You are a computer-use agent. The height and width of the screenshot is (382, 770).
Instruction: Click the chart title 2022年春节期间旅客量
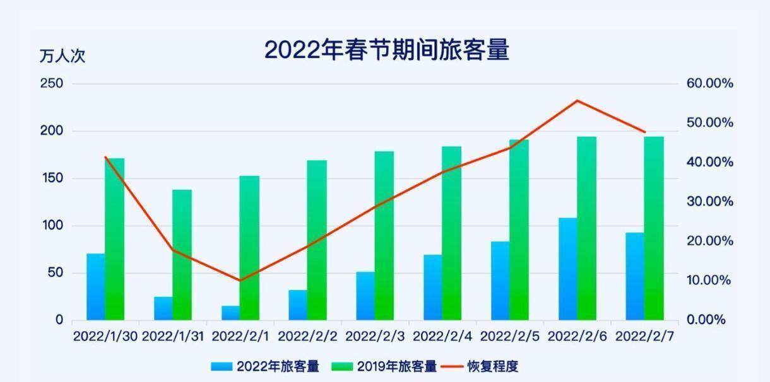(386, 50)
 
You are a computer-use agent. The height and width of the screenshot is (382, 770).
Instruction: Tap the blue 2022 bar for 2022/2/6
(568, 269)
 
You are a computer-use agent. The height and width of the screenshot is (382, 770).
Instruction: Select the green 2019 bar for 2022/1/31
(182, 255)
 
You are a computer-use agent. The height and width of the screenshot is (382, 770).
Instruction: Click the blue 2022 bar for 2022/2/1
(230, 313)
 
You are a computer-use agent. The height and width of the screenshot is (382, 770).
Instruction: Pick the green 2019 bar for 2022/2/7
(654, 228)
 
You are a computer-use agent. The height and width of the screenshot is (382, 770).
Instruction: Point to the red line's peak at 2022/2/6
(577, 101)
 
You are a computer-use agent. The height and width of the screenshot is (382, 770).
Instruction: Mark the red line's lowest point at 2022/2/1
(240, 281)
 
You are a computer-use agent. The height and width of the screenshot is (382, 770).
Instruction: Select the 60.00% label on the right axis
(709, 84)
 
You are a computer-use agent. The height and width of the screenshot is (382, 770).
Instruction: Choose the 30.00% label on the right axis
(709, 202)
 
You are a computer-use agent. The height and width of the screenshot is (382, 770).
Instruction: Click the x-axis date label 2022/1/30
(105, 336)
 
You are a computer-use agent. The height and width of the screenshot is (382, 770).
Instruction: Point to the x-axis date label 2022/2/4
(442, 336)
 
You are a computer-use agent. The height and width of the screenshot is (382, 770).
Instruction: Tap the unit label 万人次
(62, 56)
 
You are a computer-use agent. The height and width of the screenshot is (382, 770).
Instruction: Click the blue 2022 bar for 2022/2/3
(365, 296)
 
